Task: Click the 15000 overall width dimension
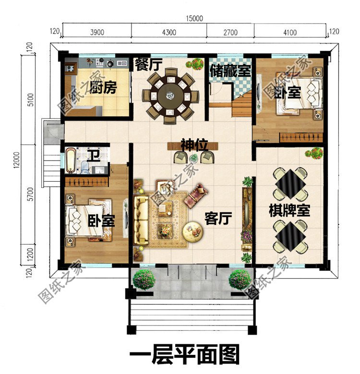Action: pyautogui.click(x=194, y=18)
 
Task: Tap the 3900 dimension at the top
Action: pyautogui.click(x=97, y=32)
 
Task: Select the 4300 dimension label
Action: pyautogui.click(x=169, y=32)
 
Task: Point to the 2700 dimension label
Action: pyautogui.click(x=230, y=32)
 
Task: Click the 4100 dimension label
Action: pyautogui.click(x=290, y=32)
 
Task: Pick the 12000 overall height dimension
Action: pyautogui.click(x=16, y=160)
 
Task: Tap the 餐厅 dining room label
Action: pyautogui.click(x=148, y=64)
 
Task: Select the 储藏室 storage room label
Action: pyautogui.click(x=230, y=70)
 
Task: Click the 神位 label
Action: pyautogui.click(x=194, y=145)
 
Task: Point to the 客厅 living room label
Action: pyautogui.click(x=218, y=218)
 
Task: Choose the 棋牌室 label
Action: pyautogui.click(x=289, y=210)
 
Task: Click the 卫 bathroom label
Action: pyautogui.click(x=93, y=155)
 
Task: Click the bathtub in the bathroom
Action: pyautogui.click(x=71, y=160)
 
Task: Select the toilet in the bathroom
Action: pyautogui.click(x=85, y=167)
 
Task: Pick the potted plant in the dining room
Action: pyautogui.click(x=194, y=64)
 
